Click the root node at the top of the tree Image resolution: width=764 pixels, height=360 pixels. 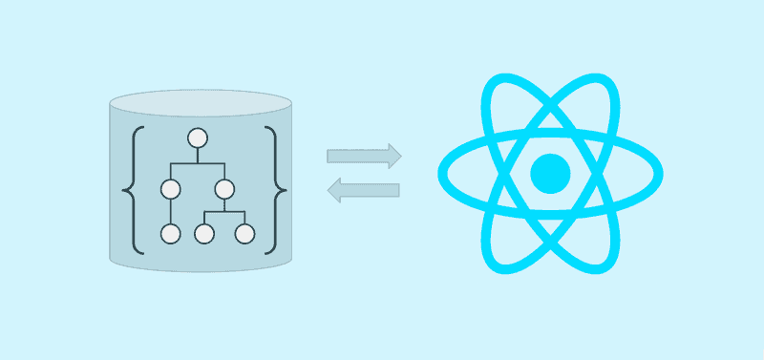(198, 138)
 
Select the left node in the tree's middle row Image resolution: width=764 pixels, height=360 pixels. (171, 188)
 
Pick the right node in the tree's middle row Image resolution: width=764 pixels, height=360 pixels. (224, 188)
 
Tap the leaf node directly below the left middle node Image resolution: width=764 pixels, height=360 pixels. (171, 233)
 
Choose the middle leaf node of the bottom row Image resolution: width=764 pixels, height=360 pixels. (203, 233)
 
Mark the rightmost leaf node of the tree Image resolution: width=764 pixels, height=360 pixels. (244, 233)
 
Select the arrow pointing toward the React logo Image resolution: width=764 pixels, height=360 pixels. (364, 156)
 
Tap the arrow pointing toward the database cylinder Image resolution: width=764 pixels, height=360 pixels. (363, 189)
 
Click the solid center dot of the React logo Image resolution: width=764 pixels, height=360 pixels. (550, 173)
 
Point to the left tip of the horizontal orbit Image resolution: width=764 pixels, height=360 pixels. (442, 173)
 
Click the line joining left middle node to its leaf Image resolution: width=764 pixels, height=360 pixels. (171, 211)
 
